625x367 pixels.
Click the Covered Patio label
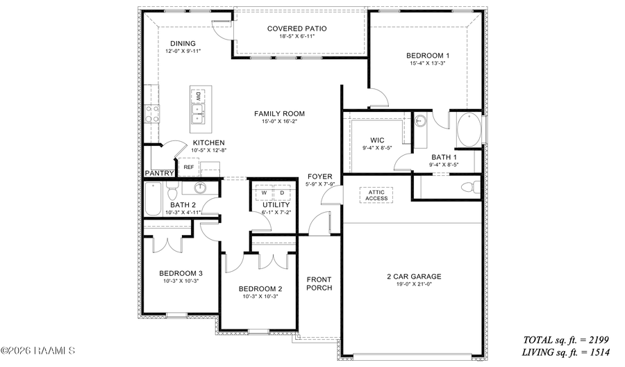click(297, 28)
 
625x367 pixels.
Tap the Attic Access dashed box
click(377, 195)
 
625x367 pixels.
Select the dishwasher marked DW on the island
click(198, 97)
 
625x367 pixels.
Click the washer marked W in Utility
click(264, 193)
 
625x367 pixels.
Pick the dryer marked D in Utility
click(282, 193)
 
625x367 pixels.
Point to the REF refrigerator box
click(188, 167)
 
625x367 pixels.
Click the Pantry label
click(158, 173)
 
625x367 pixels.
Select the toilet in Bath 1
click(471, 186)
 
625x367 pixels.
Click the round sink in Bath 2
click(200, 187)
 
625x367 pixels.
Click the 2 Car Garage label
click(414, 276)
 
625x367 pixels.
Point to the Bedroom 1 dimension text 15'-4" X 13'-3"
click(428, 64)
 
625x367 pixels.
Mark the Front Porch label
click(319, 283)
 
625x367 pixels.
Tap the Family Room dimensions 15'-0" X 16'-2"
click(279, 122)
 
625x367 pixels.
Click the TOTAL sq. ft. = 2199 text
click(565, 340)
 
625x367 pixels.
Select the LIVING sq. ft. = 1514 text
click(565, 352)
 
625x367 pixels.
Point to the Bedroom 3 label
click(181, 273)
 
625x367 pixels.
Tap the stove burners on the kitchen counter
click(151, 113)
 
